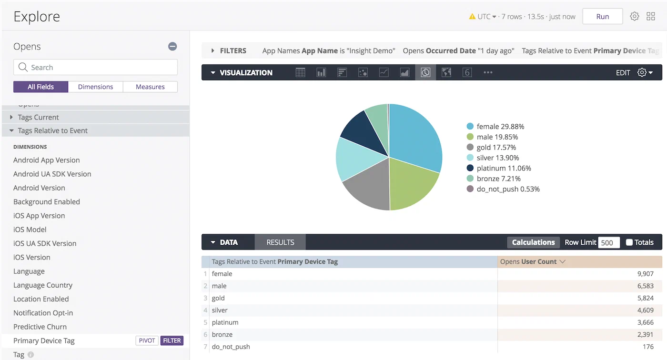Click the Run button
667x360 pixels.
pos(602,17)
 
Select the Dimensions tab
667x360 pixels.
pos(95,87)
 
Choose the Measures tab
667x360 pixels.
pos(150,87)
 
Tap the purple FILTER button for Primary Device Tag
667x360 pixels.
pos(172,340)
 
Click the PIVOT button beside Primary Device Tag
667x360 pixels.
pos(147,340)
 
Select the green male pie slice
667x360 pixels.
pos(412,183)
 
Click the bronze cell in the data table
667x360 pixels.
pos(222,334)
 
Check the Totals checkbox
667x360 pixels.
pos(629,242)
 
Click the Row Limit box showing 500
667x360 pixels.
pos(609,242)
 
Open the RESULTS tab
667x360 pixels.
pos(280,242)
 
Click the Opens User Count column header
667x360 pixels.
pos(528,262)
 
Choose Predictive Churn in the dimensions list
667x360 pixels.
pos(40,327)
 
